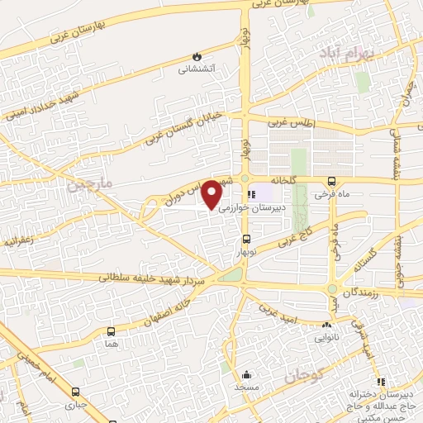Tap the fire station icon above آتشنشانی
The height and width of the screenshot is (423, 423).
coord(197,55)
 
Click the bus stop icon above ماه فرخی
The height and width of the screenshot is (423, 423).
coord(332,182)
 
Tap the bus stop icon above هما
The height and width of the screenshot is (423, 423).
coord(111,330)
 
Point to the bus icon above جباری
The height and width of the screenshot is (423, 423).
coord(77,392)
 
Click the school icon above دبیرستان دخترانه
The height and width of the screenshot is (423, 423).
coord(382,382)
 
